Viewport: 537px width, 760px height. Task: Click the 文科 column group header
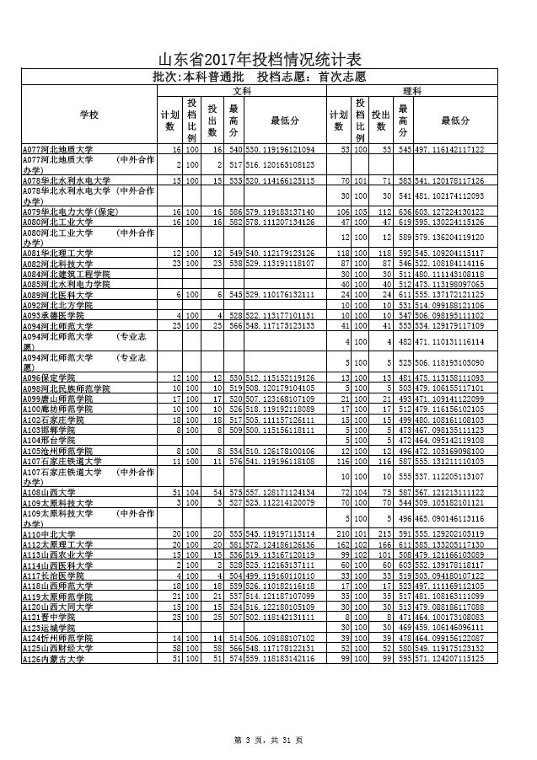(242, 90)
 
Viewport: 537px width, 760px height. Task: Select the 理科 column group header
(412, 90)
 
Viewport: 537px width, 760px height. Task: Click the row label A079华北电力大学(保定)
(71, 211)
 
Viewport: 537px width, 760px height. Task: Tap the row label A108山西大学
(46, 492)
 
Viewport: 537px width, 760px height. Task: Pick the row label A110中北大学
(46, 534)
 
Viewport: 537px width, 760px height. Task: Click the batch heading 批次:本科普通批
(197, 77)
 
